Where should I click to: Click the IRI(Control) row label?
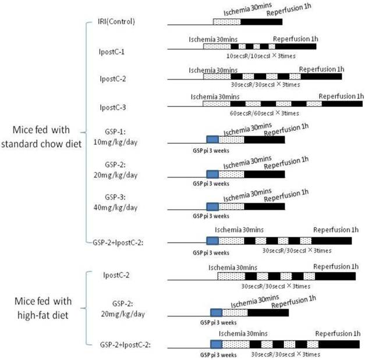pos(116,22)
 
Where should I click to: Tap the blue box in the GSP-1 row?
pos(212,140)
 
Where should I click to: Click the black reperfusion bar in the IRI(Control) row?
pos(261,22)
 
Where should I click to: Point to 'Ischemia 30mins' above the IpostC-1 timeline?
pos(213,39)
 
